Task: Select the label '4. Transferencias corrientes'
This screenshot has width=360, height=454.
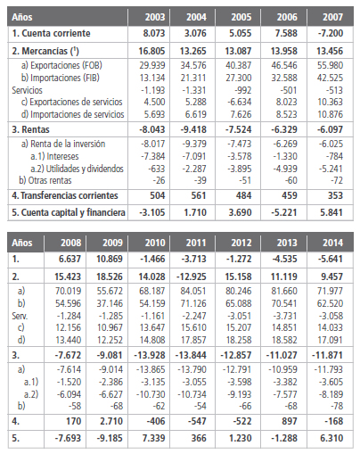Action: tap(66, 195)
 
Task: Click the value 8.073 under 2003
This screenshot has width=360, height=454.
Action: tap(153, 33)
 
